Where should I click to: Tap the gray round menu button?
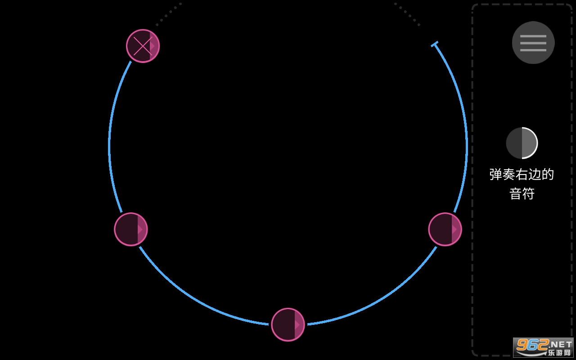[533, 42]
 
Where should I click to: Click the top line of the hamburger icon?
[533, 36]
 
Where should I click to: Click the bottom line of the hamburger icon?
[533, 50]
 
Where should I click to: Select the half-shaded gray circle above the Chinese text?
[522, 143]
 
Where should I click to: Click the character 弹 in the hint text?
[495, 175]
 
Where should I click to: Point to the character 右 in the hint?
[522, 175]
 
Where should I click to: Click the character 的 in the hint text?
[548, 175]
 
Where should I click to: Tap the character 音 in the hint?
[516, 193]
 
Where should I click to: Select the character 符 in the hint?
[528, 193]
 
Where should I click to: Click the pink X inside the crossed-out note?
[143, 46]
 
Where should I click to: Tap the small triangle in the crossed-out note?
[153, 46]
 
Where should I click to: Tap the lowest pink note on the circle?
[288, 324]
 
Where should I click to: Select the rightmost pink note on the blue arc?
[445, 229]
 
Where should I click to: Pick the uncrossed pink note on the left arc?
[131, 229]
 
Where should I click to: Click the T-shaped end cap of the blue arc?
[435, 44]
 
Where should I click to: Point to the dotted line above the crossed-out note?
[168, 14]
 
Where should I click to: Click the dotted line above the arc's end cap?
[408, 14]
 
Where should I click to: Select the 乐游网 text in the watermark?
[559, 352]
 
